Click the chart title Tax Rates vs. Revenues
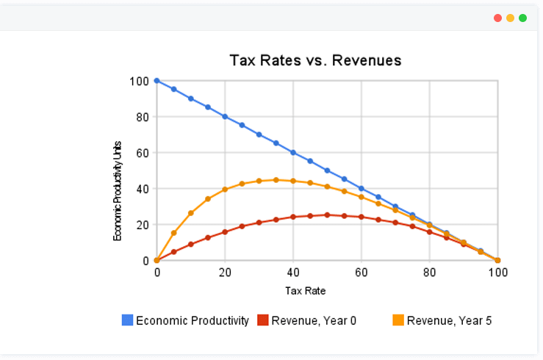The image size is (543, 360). pos(315,60)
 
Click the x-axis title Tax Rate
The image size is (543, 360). pos(305,290)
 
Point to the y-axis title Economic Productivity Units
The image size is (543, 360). pos(118,191)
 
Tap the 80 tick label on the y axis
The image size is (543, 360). pos(143,117)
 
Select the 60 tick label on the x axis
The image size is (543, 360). pos(362,273)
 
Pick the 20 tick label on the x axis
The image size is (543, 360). pos(225,273)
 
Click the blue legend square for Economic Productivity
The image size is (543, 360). pos(127,320)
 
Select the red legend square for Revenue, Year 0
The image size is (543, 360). pos(262,320)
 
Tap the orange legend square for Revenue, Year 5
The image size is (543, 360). pos(398,320)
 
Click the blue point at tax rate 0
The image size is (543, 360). pos(157,81)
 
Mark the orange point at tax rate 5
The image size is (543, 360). pos(174,233)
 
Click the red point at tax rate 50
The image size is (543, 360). pos(327,215)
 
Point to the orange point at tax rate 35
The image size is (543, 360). pos(276,180)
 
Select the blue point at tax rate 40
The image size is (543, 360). pos(293,153)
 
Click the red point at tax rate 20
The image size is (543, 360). pos(225,231)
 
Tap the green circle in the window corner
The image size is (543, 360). pos(522,18)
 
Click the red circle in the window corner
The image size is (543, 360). pos(497,18)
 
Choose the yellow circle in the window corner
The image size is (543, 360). pos(510,18)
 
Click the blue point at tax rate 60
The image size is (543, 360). pos(362,189)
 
